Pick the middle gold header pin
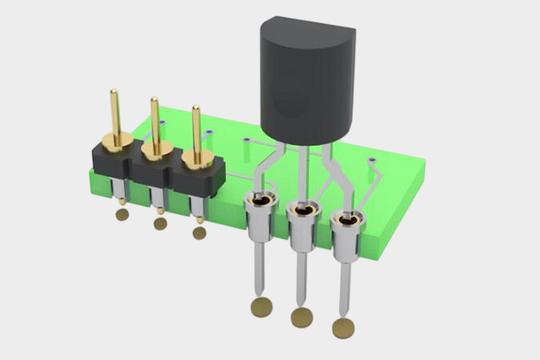(155, 125)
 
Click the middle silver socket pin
(301, 264)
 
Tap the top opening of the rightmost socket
(346, 219)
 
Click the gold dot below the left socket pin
(261, 307)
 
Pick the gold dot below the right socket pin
(343, 329)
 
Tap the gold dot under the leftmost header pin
(122, 214)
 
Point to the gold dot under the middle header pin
(161, 223)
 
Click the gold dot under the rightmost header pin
(199, 232)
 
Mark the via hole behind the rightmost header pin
(209, 133)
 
